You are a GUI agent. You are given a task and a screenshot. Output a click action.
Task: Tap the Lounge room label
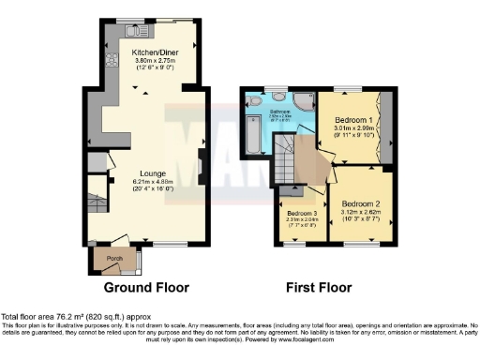tap(154, 173)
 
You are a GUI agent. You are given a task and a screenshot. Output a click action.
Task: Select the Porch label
tap(114, 258)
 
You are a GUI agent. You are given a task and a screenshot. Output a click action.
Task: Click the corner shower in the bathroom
tap(304, 102)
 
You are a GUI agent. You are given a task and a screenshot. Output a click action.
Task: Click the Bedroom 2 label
tap(360, 203)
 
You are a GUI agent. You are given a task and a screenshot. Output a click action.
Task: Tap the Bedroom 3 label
tap(302, 213)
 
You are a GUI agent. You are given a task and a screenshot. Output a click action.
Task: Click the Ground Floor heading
tap(145, 287)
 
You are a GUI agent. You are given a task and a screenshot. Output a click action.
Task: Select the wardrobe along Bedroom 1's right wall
tap(379, 122)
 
